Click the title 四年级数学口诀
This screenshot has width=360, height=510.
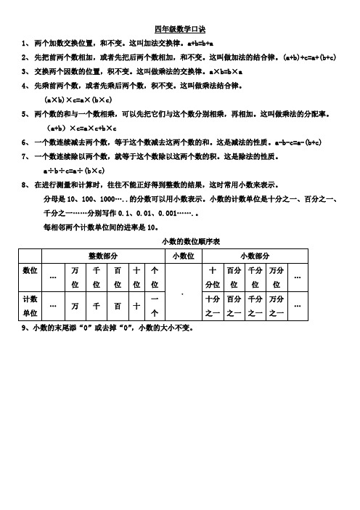coord(180,30)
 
